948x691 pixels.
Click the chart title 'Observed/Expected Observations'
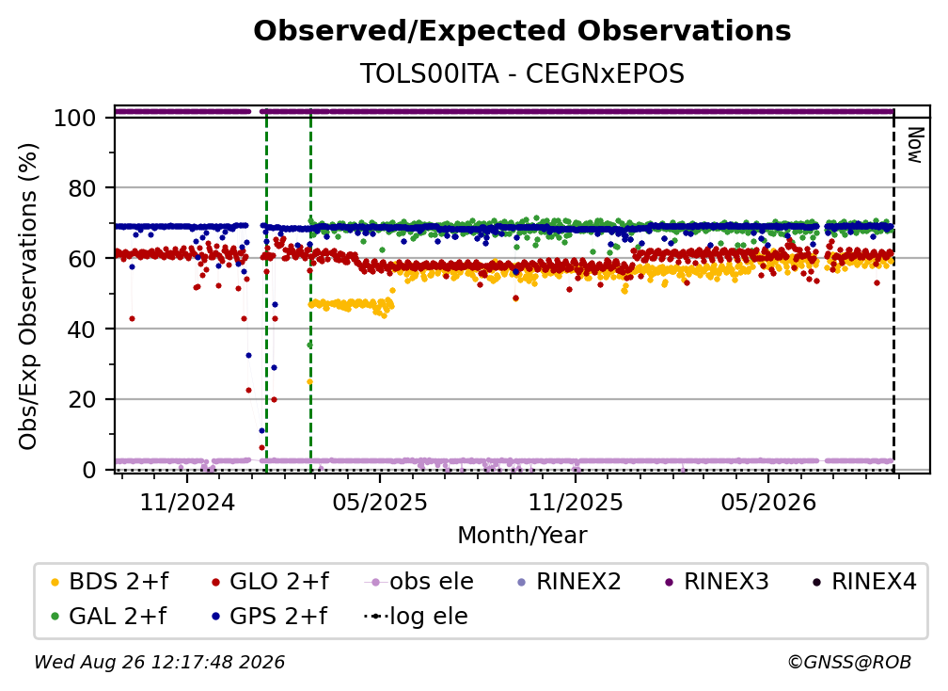[522, 31]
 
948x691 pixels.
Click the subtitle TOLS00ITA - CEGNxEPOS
[522, 73]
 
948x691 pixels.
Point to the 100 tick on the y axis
[75, 118]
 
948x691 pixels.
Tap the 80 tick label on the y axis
[82, 188]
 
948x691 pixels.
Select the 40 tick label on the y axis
[82, 329]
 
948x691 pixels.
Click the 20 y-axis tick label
[82, 399]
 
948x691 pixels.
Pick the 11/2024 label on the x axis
[187, 502]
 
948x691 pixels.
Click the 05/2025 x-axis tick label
[380, 502]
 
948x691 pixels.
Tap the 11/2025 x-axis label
[576, 502]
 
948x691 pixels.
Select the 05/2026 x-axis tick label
[768, 502]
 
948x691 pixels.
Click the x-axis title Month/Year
[522, 536]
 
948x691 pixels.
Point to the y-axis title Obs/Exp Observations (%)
[28, 297]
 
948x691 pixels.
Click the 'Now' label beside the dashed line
[915, 145]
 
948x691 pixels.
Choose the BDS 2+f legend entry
[109, 582]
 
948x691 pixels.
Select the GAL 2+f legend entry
[109, 616]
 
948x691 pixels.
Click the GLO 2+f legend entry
[270, 582]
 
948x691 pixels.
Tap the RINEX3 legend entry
[717, 582]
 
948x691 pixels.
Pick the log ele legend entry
[416, 616]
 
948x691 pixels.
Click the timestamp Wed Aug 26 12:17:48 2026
[160, 662]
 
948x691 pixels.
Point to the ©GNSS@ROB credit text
[849, 662]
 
